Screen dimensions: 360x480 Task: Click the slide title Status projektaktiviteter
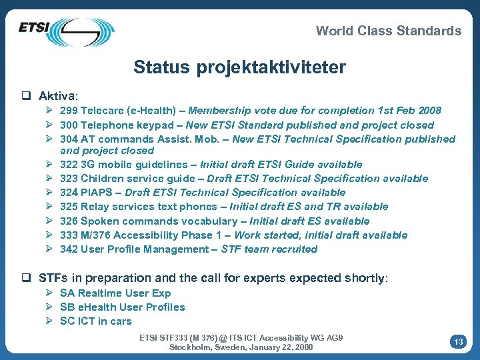click(239, 67)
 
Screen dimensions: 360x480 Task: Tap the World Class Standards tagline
click(388, 31)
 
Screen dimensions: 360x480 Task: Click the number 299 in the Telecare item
click(69, 111)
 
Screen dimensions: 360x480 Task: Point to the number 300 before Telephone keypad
click(69, 125)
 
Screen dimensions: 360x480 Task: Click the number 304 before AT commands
click(69, 139)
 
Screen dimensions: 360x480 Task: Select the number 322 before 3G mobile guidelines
click(69, 165)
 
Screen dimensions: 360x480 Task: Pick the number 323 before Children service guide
click(69, 179)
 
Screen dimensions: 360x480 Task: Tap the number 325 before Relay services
click(69, 207)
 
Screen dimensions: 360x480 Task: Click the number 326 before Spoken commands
click(69, 221)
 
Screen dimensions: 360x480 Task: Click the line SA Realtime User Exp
click(115, 293)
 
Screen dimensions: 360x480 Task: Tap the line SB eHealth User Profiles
click(122, 307)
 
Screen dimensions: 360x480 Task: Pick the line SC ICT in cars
click(95, 321)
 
